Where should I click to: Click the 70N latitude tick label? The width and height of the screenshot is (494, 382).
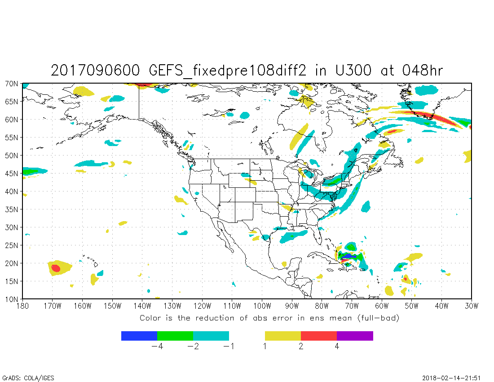[12, 84]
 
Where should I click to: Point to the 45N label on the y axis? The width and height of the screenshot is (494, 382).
[12, 173]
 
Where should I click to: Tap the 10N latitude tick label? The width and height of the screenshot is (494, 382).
[12, 299]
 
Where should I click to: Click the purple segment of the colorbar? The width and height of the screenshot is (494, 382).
[355, 336]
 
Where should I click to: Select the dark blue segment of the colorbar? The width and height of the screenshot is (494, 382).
[139, 336]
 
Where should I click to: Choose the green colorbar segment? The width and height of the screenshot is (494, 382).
[175, 336]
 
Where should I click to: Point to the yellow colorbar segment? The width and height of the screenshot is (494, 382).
[283, 336]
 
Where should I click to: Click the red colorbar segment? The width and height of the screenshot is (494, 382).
[319, 336]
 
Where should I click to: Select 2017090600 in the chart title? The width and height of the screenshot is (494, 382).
[95, 71]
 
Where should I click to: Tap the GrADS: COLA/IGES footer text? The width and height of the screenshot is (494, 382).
[28, 378]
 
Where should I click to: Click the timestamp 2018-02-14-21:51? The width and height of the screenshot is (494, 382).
[456, 378]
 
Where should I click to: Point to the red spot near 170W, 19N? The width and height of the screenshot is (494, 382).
[56, 268]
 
